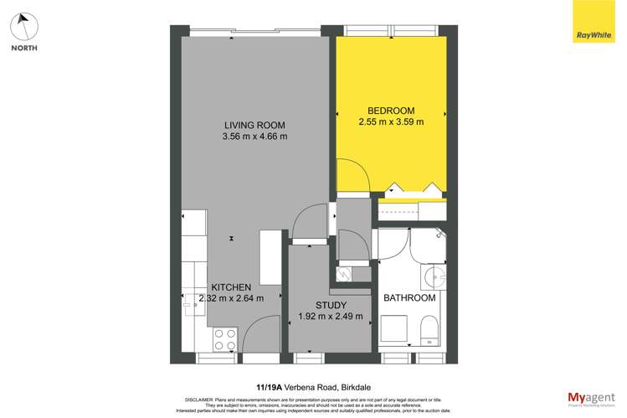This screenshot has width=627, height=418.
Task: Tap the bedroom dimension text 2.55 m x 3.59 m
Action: (x=390, y=122)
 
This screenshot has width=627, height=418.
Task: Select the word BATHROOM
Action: (x=409, y=298)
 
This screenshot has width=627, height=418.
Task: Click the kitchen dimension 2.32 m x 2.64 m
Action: (x=230, y=298)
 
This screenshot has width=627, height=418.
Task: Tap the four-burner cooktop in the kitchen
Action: (x=224, y=338)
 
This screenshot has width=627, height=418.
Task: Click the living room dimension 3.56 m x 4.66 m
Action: (x=255, y=136)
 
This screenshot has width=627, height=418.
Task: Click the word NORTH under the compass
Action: (x=23, y=48)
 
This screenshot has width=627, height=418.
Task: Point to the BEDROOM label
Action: (x=391, y=111)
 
